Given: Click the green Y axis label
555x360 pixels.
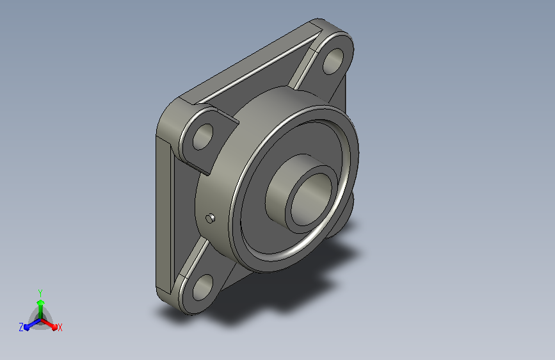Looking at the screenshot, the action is coord(40,293).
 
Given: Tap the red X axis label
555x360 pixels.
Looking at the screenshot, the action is coord(60,327).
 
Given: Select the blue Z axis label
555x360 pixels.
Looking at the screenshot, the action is coord(21,327).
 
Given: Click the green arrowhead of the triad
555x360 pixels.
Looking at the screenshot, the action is coord(40,302).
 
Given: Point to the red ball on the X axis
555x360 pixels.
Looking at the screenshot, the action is coord(54,327).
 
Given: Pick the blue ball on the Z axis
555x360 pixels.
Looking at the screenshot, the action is coord(27,327).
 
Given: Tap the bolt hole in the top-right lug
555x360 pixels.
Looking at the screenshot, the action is coord(334,61).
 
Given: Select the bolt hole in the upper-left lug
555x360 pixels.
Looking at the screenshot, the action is coord(203,137).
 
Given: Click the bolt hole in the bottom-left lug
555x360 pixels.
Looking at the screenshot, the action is coord(203,288).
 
